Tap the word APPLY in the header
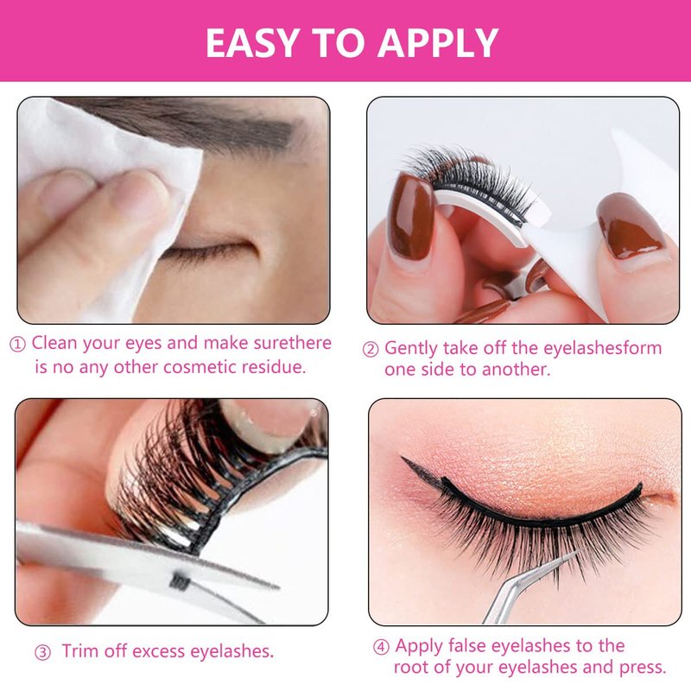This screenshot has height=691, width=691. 438,42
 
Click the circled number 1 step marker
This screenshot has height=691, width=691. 17,344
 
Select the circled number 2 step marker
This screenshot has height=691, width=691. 371,349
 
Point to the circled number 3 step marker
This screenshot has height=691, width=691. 42,653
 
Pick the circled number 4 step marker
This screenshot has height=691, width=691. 381,647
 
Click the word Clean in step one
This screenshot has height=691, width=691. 54,343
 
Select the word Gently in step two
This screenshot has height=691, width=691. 412,349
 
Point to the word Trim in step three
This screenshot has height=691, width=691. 80,651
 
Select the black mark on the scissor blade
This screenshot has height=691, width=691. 180,582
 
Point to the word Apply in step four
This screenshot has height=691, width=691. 419,646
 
